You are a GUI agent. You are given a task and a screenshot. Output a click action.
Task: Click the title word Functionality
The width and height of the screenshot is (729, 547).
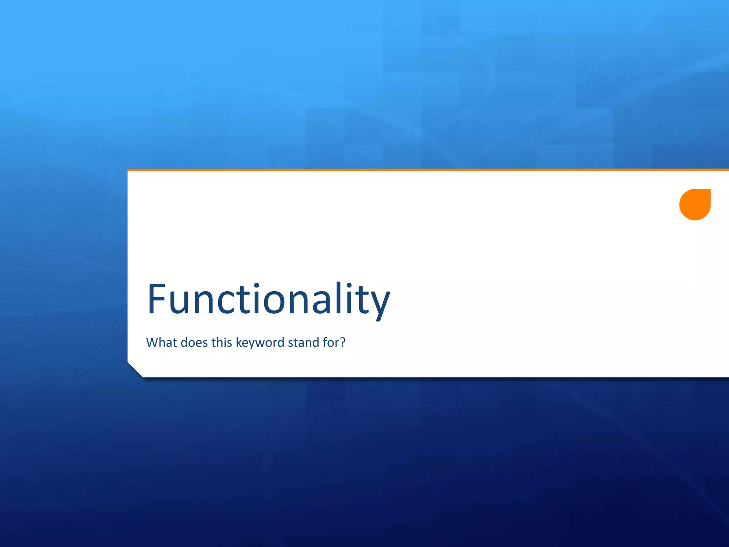[x=269, y=299]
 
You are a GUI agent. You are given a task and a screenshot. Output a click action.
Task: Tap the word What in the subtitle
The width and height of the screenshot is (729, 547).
[x=161, y=342]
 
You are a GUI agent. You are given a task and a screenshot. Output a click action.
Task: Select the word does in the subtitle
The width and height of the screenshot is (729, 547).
[x=194, y=342]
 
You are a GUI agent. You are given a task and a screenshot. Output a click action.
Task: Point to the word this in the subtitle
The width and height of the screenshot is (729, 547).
[x=221, y=342]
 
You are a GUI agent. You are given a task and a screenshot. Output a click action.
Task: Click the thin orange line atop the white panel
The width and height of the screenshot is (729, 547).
[x=427, y=170]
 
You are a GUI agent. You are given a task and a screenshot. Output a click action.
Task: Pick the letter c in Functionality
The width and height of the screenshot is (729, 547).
[x=225, y=303]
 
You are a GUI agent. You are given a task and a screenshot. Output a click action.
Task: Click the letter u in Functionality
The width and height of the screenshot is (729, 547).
[x=178, y=303]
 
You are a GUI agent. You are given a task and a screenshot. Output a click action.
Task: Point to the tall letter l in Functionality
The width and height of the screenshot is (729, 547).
[x=338, y=298]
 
